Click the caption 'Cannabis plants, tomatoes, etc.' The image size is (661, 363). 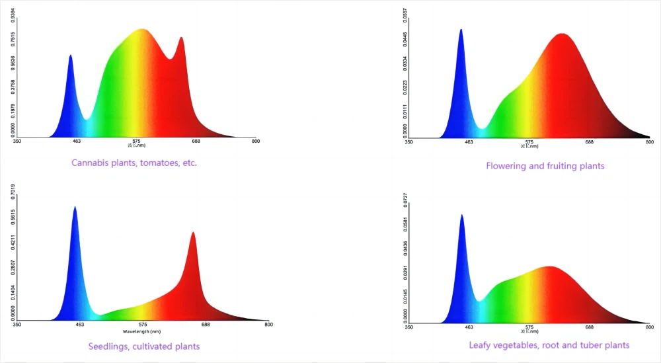tap(134, 163)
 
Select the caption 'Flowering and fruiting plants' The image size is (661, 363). tap(545, 166)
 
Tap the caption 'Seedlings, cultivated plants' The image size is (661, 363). tap(144, 346)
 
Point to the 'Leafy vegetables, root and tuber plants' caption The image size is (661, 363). tap(549, 345)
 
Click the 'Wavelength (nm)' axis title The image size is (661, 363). tap(141, 331)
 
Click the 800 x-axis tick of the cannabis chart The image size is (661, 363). tap(255, 141)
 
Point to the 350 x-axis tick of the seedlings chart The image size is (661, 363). tap(17, 325)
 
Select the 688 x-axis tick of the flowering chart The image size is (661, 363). tap(589, 142)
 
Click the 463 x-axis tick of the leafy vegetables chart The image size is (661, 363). tap(469, 327)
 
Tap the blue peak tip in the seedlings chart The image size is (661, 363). tap(75, 207)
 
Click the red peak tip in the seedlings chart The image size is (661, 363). tap(193, 232)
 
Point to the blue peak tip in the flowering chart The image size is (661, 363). tap(461, 30)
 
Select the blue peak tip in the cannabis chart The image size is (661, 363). tap(71, 56)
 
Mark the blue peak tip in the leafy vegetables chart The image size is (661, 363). tap(461, 215)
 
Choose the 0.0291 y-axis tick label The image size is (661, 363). tap(405, 273)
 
